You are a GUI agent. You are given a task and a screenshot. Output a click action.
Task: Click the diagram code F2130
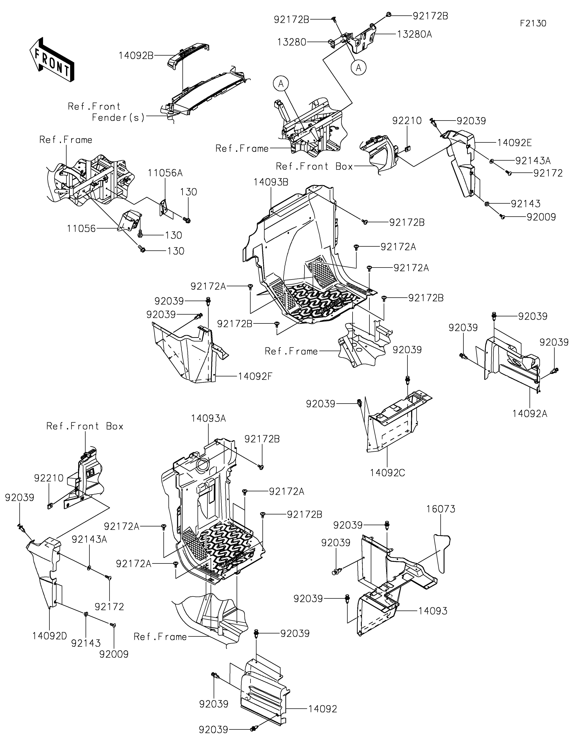tap(533, 23)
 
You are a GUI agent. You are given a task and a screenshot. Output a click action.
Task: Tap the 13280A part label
tap(415, 34)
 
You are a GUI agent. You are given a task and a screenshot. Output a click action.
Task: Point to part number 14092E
tap(515, 143)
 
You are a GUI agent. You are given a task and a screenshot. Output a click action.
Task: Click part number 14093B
tap(271, 182)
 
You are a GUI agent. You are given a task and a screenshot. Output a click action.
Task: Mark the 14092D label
tap(50, 636)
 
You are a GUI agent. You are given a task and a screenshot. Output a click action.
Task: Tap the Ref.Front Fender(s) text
tap(106, 112)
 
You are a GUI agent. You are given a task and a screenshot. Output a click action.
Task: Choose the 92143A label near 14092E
tap(533, 160)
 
